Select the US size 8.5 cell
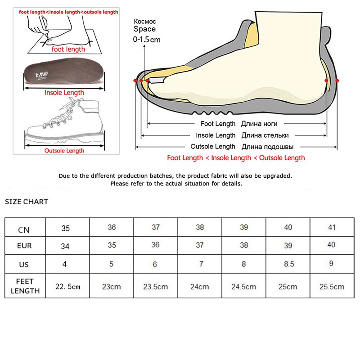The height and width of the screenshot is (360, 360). click(288, 264)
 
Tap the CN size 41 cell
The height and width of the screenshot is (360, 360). click(332, 227)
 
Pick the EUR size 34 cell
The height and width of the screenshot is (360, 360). click(66, 246)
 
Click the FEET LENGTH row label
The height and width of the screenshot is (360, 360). click(25, 286)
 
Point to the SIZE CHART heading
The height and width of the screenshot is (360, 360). click(27, 202)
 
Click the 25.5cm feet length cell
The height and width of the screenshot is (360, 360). click(332, 286)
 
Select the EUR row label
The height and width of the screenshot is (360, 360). click(25, 246)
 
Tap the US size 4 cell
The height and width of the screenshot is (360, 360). click(65, 264)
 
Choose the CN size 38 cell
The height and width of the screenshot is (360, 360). click(200, 227)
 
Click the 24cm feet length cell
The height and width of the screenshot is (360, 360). click(200, 286)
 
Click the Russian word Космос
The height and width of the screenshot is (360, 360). click(144, 21)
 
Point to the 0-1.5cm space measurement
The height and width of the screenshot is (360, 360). click(146, 40)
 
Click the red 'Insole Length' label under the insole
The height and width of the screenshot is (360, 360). click(64, 93)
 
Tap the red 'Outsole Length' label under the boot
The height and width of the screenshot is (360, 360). click(64, 151)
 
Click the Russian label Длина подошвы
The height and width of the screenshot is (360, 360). click(268, 147)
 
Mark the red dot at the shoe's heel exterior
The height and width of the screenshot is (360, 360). click(338, 80)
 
